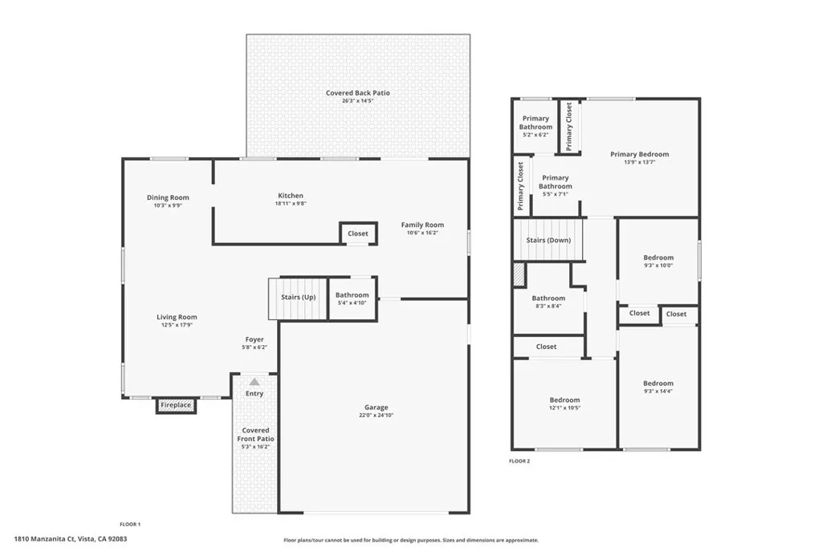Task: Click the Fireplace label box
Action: point(176,405)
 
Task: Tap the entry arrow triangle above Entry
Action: point(254,382)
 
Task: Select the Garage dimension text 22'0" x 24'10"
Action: point(376,416)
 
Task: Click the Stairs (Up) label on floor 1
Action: point(299,297)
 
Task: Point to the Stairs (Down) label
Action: point(548,240)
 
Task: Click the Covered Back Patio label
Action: point(357,93)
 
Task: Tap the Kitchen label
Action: point(291,196)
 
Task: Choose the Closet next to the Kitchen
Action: point(358,233)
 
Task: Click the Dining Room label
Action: point(168,197)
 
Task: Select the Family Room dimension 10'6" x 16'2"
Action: point(422,233)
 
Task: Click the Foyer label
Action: point(254,339)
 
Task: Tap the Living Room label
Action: point(177,317)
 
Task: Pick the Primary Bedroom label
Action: point(640,154)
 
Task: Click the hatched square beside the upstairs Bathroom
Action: point(519,275)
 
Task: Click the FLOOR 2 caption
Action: point(519,461)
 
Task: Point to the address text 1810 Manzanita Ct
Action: point(45,538)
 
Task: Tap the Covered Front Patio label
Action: point(255,434)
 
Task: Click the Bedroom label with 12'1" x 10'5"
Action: point(564,400)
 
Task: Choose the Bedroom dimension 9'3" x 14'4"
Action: point(658,391)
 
